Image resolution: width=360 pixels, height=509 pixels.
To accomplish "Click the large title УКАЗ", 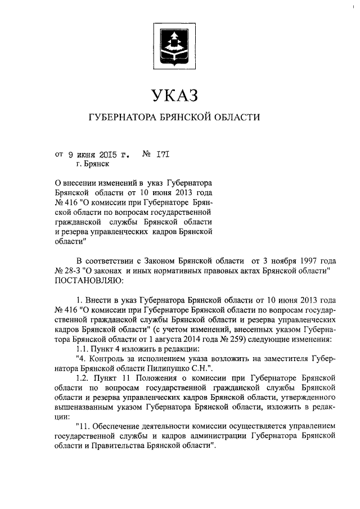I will (174, 96).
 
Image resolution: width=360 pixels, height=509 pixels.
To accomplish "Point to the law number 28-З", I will (74, 271).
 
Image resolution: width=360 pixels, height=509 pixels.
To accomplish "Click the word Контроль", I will (110, 359).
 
